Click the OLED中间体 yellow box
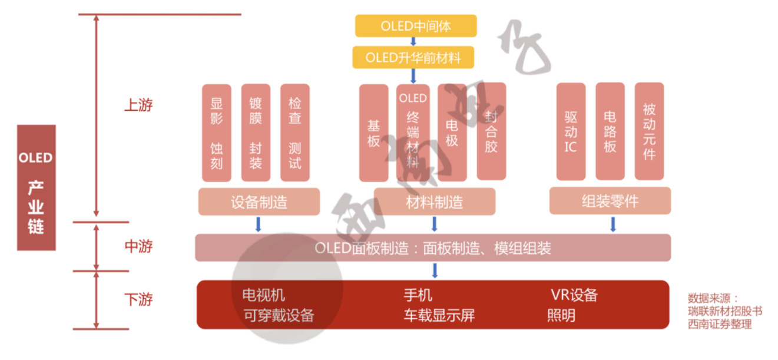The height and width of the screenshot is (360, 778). tap(415, 27)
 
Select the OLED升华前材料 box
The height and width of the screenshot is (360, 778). tap(413, 58)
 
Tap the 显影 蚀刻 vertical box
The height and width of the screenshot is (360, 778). tap(216, 133)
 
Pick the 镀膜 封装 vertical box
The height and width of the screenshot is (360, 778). tap(256, 133)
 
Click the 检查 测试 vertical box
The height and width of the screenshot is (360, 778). tap(294, 133)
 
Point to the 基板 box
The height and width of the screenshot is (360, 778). tap(373, 133)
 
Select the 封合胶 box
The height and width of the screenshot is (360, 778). tap(491, 131)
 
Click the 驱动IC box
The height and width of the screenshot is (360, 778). tap(571, 131)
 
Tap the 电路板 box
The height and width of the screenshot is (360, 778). tap(610, 131)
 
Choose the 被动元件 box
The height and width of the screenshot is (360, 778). tap(649, 131)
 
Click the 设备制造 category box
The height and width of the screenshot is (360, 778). tap(259, 202)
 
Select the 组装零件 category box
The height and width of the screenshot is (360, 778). tap(610, 201)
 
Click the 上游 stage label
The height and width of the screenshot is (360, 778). tap(138, 105)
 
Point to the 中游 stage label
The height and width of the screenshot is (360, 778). tap(138, 246)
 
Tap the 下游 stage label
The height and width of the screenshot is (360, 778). tap(138, 299)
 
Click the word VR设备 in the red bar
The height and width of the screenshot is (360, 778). tap(574, 295)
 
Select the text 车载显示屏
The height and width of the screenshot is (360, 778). tap(439, 316)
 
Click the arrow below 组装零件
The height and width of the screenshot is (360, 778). tap(613, 224)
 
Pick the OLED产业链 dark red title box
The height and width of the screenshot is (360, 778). tap(37, 187)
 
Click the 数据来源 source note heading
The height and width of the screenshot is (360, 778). tap(712, 299)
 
